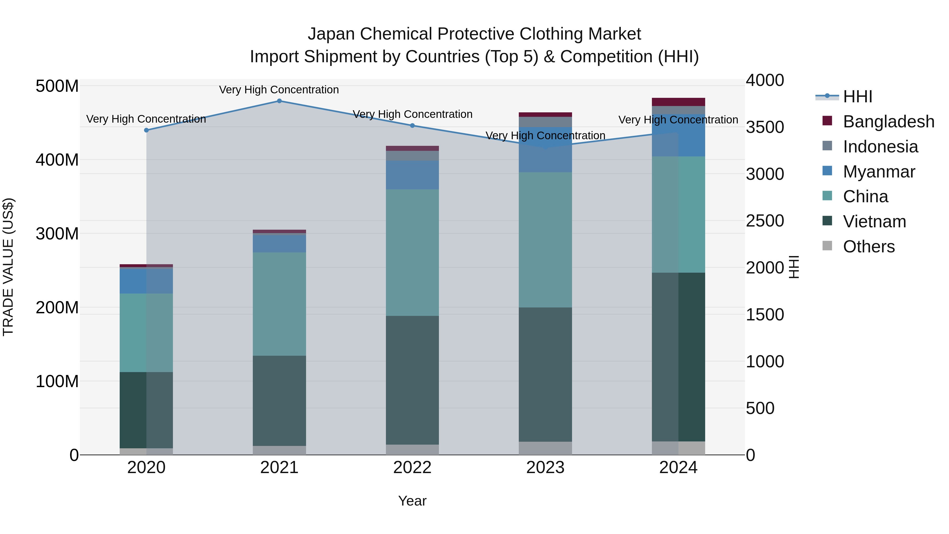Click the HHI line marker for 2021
pos(279,101)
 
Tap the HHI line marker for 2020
pos(146,130)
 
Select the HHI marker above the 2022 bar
pos(412,126)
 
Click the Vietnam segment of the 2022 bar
pos(412,379)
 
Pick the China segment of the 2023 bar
pos(545,239)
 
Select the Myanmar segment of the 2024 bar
pos(678,136)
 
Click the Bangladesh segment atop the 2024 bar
pos(678,102)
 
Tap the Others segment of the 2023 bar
pos(545,448)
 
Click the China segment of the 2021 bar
pos(279,304)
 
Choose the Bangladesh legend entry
pos(888,122)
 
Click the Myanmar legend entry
pos(879,172)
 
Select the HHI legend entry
pos(857,97)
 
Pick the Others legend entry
pos(868,247)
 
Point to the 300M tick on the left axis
pos(57,234)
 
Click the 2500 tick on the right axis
pos(765,221)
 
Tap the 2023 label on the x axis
pos(545,468)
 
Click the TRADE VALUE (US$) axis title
pos(8,267)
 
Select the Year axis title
pos(412,501)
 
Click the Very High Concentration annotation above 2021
pos(279,90)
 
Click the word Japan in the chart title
pos(332,34)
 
